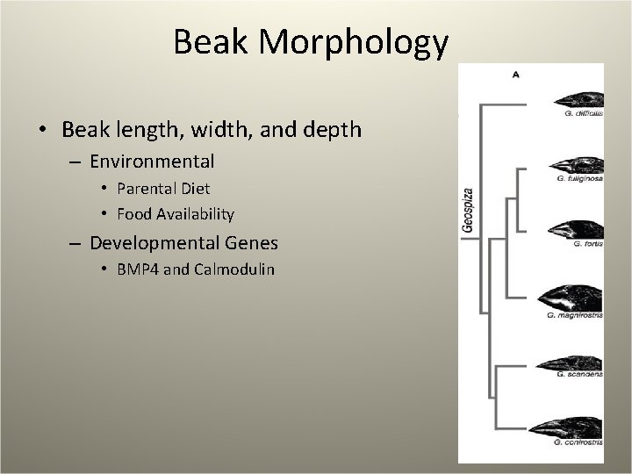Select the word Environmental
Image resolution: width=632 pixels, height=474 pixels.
pos(152,162)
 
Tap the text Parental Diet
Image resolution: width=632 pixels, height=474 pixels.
pos(163,189)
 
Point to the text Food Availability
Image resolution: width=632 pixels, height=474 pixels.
pos(176,213)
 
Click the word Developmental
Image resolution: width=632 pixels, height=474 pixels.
pos(147,242)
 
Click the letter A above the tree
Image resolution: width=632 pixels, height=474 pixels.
pos(515,75)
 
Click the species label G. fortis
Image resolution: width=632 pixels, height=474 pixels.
pos(592,245)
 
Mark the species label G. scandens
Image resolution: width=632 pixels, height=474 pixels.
pos(579,375)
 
